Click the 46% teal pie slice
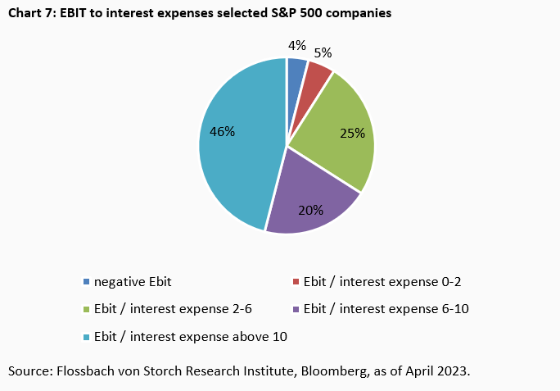click(237, 164)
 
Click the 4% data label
click(297, 45)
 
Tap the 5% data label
click(323, 53)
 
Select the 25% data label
click(352, 132)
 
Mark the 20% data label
click(310, 210)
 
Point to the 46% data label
click(222, 131)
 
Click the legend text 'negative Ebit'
click(133, 282)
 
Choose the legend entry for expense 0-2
click(382, 282)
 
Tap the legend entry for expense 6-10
click(386, 309)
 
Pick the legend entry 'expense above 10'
click(191, 336)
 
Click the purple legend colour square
click(296, 309)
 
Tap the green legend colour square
click(87, 309)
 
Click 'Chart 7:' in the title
click(30, 14)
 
